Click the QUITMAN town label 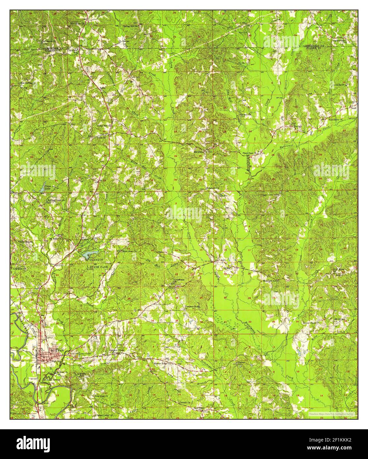(x=56, y=350)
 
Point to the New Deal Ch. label (x=102, y=396)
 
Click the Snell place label (x=353, y=108)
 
